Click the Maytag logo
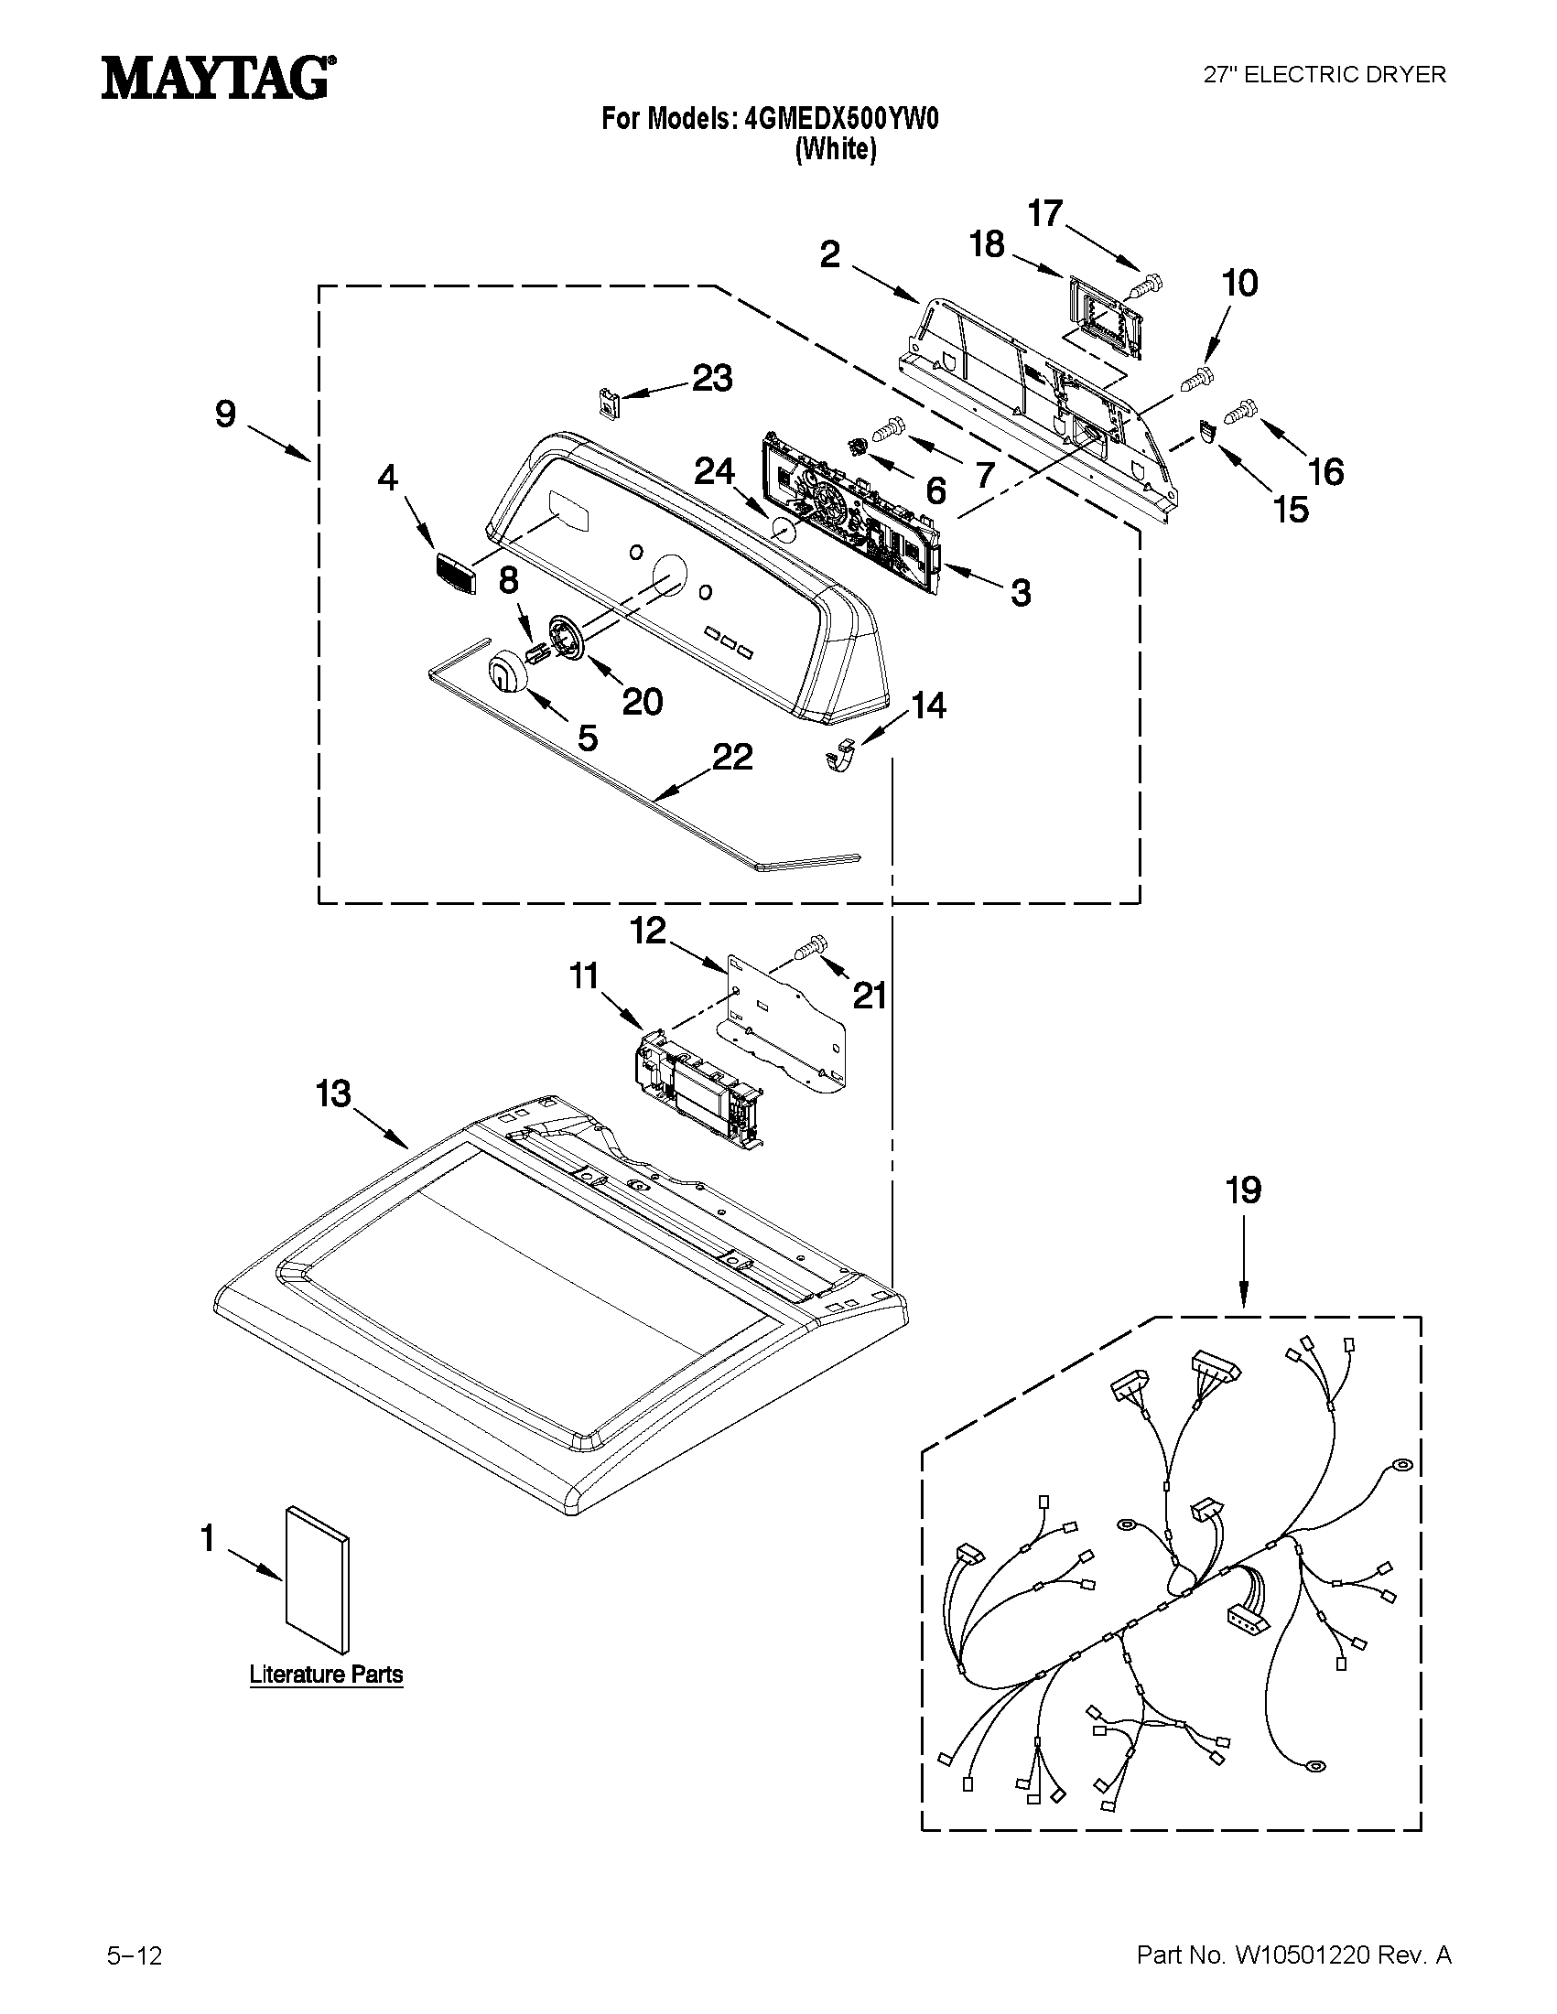point(218,79)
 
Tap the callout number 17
point(1045,214)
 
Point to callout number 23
point(712,378)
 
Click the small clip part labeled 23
point(606,403)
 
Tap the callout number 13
point(333,1094)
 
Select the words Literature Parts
point(327,1675)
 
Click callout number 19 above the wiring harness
point(1242,1190)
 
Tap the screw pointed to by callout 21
point(811,946)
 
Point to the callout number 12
point(647,931)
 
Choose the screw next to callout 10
point(1197,377)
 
